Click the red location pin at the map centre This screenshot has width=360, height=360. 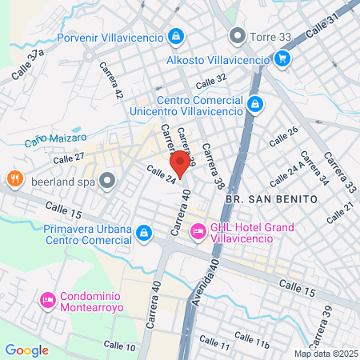point(180,166)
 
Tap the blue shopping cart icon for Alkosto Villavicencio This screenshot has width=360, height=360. point(282,58)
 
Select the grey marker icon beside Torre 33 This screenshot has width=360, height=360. point(236,35)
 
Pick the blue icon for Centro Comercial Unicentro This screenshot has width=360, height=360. point(254,104)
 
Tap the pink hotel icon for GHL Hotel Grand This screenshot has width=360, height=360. point(198,232)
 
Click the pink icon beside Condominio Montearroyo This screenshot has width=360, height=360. point(47,300)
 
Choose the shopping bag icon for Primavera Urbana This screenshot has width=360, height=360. point(143,233)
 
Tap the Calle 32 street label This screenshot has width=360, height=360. point(211,80)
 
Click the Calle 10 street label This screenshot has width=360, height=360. point(119,345)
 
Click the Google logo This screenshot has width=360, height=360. point(26,350)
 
